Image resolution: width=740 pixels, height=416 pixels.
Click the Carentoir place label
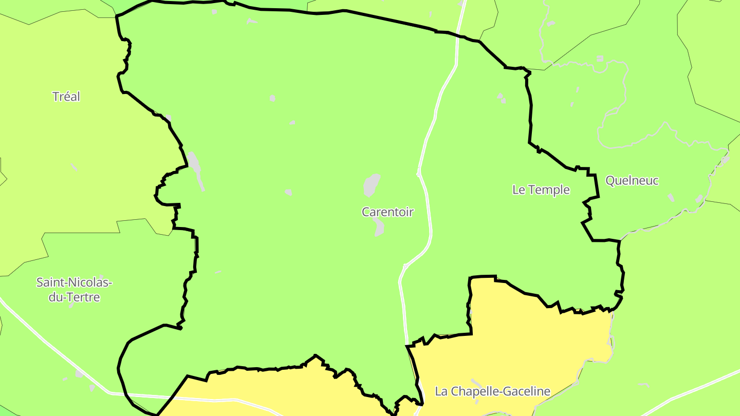[x=387, y=212]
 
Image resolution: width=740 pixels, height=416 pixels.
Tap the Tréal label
[x=66, y=97]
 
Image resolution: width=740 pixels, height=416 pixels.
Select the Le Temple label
[x=541, y=190]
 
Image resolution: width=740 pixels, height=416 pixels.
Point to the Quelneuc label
[x=632, y=181]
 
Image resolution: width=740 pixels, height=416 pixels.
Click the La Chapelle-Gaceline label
[x=492, y=391]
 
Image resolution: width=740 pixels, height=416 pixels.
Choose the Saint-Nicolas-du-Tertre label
[x=74, y=290]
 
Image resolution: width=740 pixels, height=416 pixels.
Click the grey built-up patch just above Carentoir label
[x=372, y=185]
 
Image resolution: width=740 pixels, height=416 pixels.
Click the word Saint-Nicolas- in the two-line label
[x=74, y=282]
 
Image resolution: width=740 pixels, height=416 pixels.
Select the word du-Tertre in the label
[x=74, y=297]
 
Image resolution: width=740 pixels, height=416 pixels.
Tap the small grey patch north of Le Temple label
[x=501, y=98]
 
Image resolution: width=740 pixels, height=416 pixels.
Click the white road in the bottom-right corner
[x=694, y=390]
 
